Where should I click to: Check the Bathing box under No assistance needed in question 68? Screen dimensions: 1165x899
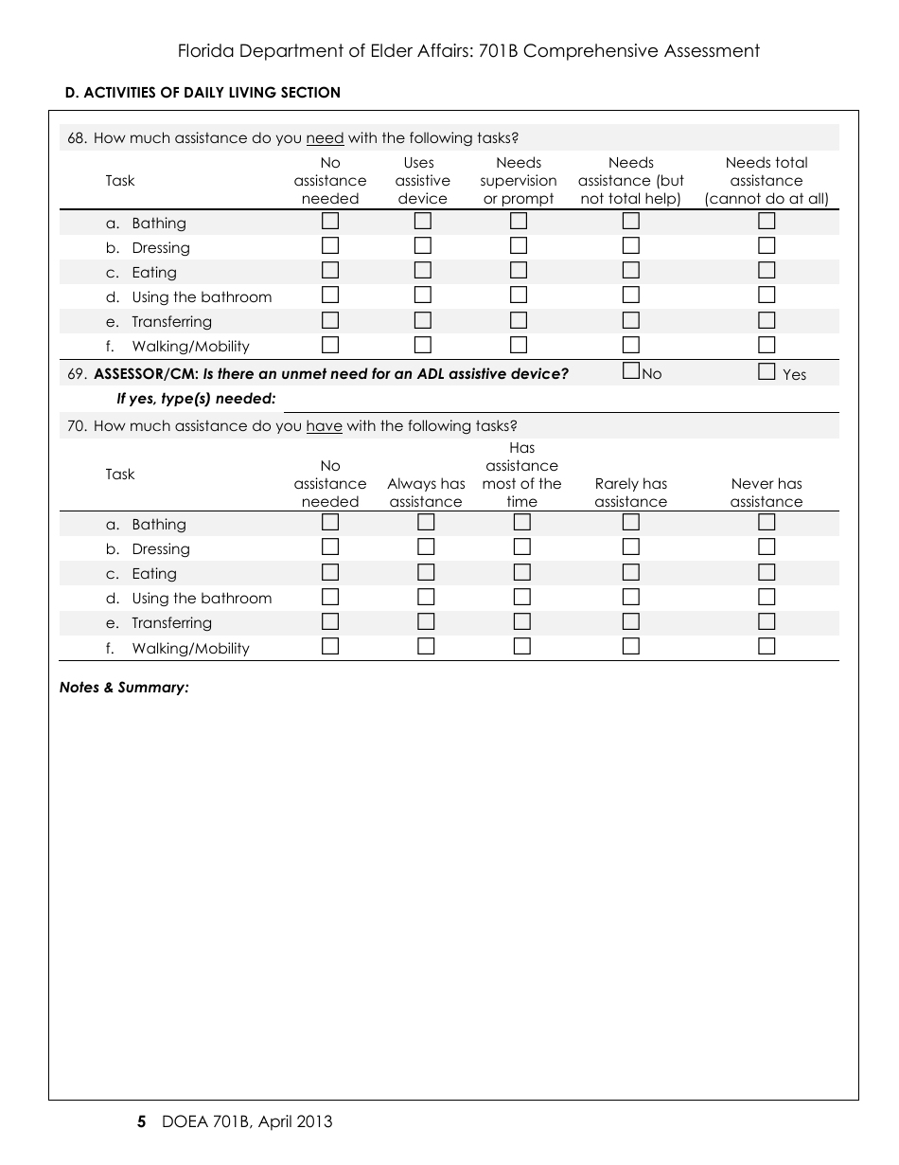pyautogui.click(x=330, y=222)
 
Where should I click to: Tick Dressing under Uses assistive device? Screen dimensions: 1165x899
pyautogui.click(x=422, y=246)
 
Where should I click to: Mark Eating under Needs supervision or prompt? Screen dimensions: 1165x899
pyautogui.click(x=519, y=271)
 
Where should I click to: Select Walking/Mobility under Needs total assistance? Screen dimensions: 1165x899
pyautogui.click(x=767, y=345)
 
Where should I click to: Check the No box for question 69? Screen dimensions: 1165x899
pyautogui.click(x=631, y=371)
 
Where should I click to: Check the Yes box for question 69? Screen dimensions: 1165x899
pyautogui.click(x=767, y=372)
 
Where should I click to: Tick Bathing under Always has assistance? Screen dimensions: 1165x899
pyautogui.click(x=426, y=523)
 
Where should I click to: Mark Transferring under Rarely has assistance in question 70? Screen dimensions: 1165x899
pyautogui.click(x=631, y=621)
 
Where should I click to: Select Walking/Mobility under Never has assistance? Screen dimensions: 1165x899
pyautogui.click(x=767, y=647)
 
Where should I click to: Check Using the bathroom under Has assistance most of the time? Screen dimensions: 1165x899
pyautogui.click(x=522, y=597)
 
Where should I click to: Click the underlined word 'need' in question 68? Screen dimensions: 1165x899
pyautogui.click(x=325, y=138)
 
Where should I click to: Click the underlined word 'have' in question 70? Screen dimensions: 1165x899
pyautogui.click(x=324, y=426)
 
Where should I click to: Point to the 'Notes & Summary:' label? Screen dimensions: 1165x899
pyautogui.click(x=124, y=688)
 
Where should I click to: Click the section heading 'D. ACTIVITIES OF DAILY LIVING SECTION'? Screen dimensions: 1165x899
pyautogui.click(x=203, y=93)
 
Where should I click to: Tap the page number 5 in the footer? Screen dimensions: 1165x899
pyautogui.click(x=142, y=1122)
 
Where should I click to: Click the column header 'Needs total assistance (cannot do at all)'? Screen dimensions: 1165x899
pyautogui.click(x=767, y=181)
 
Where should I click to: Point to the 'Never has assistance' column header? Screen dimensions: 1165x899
pyautogui.click(x=767, y=493)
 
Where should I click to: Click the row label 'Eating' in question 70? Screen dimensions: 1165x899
pyautogui.click(x=154, y=574)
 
